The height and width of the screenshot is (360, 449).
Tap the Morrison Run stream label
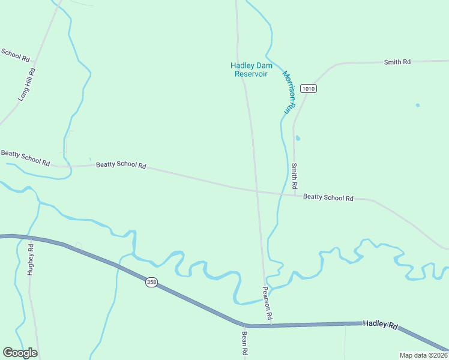[290, 93]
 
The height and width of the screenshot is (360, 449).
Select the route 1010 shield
[309, 89]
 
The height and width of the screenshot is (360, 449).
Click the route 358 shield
[151, 282]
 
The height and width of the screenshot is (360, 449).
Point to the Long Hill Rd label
[28, 84]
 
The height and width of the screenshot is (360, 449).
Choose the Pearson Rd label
[268, 302]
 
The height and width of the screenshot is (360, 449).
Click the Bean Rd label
[245, 344]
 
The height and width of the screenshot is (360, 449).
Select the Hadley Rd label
[380, 325]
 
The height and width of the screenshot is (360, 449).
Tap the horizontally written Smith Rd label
[397, 62]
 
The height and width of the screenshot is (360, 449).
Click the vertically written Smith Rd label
[295, 175]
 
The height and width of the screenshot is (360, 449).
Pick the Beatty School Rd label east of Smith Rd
[328, 197]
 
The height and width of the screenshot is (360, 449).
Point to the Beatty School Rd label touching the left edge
[25, 158]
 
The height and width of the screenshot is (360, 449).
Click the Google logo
[20, 353]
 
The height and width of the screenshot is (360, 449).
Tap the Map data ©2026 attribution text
[423, 355]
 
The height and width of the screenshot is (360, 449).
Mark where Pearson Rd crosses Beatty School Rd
[256, 190]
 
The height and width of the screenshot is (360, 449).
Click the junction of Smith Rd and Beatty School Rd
[295, 194]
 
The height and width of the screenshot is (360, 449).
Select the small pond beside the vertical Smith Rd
[298, 138]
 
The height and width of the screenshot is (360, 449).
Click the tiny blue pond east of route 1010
[418, 106]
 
